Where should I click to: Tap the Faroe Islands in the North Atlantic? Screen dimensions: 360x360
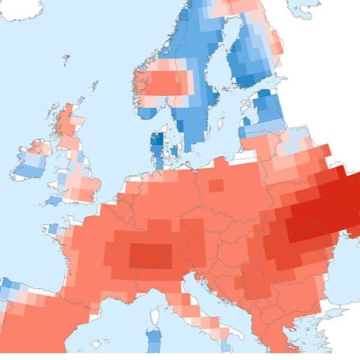(65, 58)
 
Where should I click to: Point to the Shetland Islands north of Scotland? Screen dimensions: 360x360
(94, 85)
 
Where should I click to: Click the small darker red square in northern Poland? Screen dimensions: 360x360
(216, 185)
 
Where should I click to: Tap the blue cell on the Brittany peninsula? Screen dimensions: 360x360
(53, 229)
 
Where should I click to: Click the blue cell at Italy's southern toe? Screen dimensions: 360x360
(226, 346)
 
